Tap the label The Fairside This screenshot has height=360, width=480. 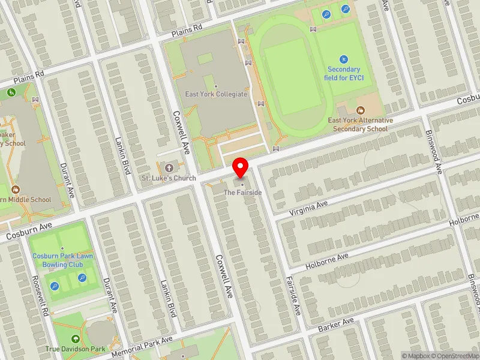[242, 193]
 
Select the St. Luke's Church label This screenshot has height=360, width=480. [169, 178]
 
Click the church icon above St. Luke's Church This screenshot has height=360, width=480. [169, 167]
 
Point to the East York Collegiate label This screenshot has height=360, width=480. [217, 94]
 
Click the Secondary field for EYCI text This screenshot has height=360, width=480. [344, 74]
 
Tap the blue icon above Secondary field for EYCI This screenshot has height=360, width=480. [344, 59]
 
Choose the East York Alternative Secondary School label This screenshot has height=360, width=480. [360, 124]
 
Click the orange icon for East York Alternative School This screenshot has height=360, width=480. [360, 110]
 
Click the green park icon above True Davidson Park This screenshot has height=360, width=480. [75, 338]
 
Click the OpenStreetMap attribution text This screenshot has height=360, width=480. [458, 356]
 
